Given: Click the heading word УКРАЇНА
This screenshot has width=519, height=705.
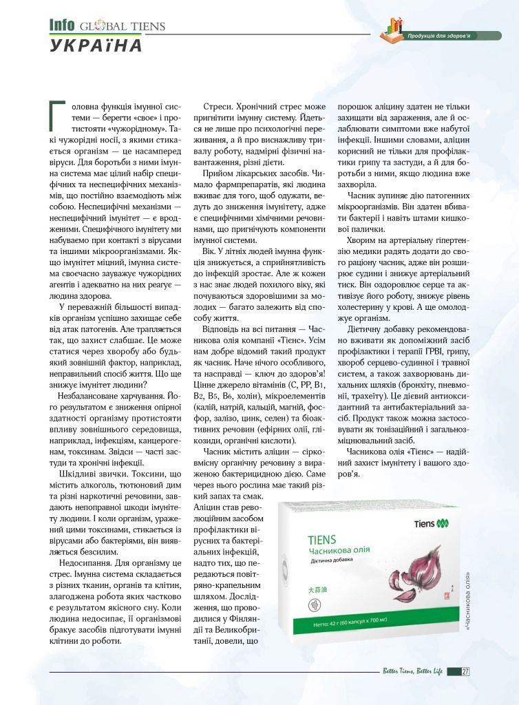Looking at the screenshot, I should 96,46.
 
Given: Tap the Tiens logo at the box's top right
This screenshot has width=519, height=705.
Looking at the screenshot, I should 434,524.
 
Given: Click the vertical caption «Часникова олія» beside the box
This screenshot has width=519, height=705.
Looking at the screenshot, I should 469,605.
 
